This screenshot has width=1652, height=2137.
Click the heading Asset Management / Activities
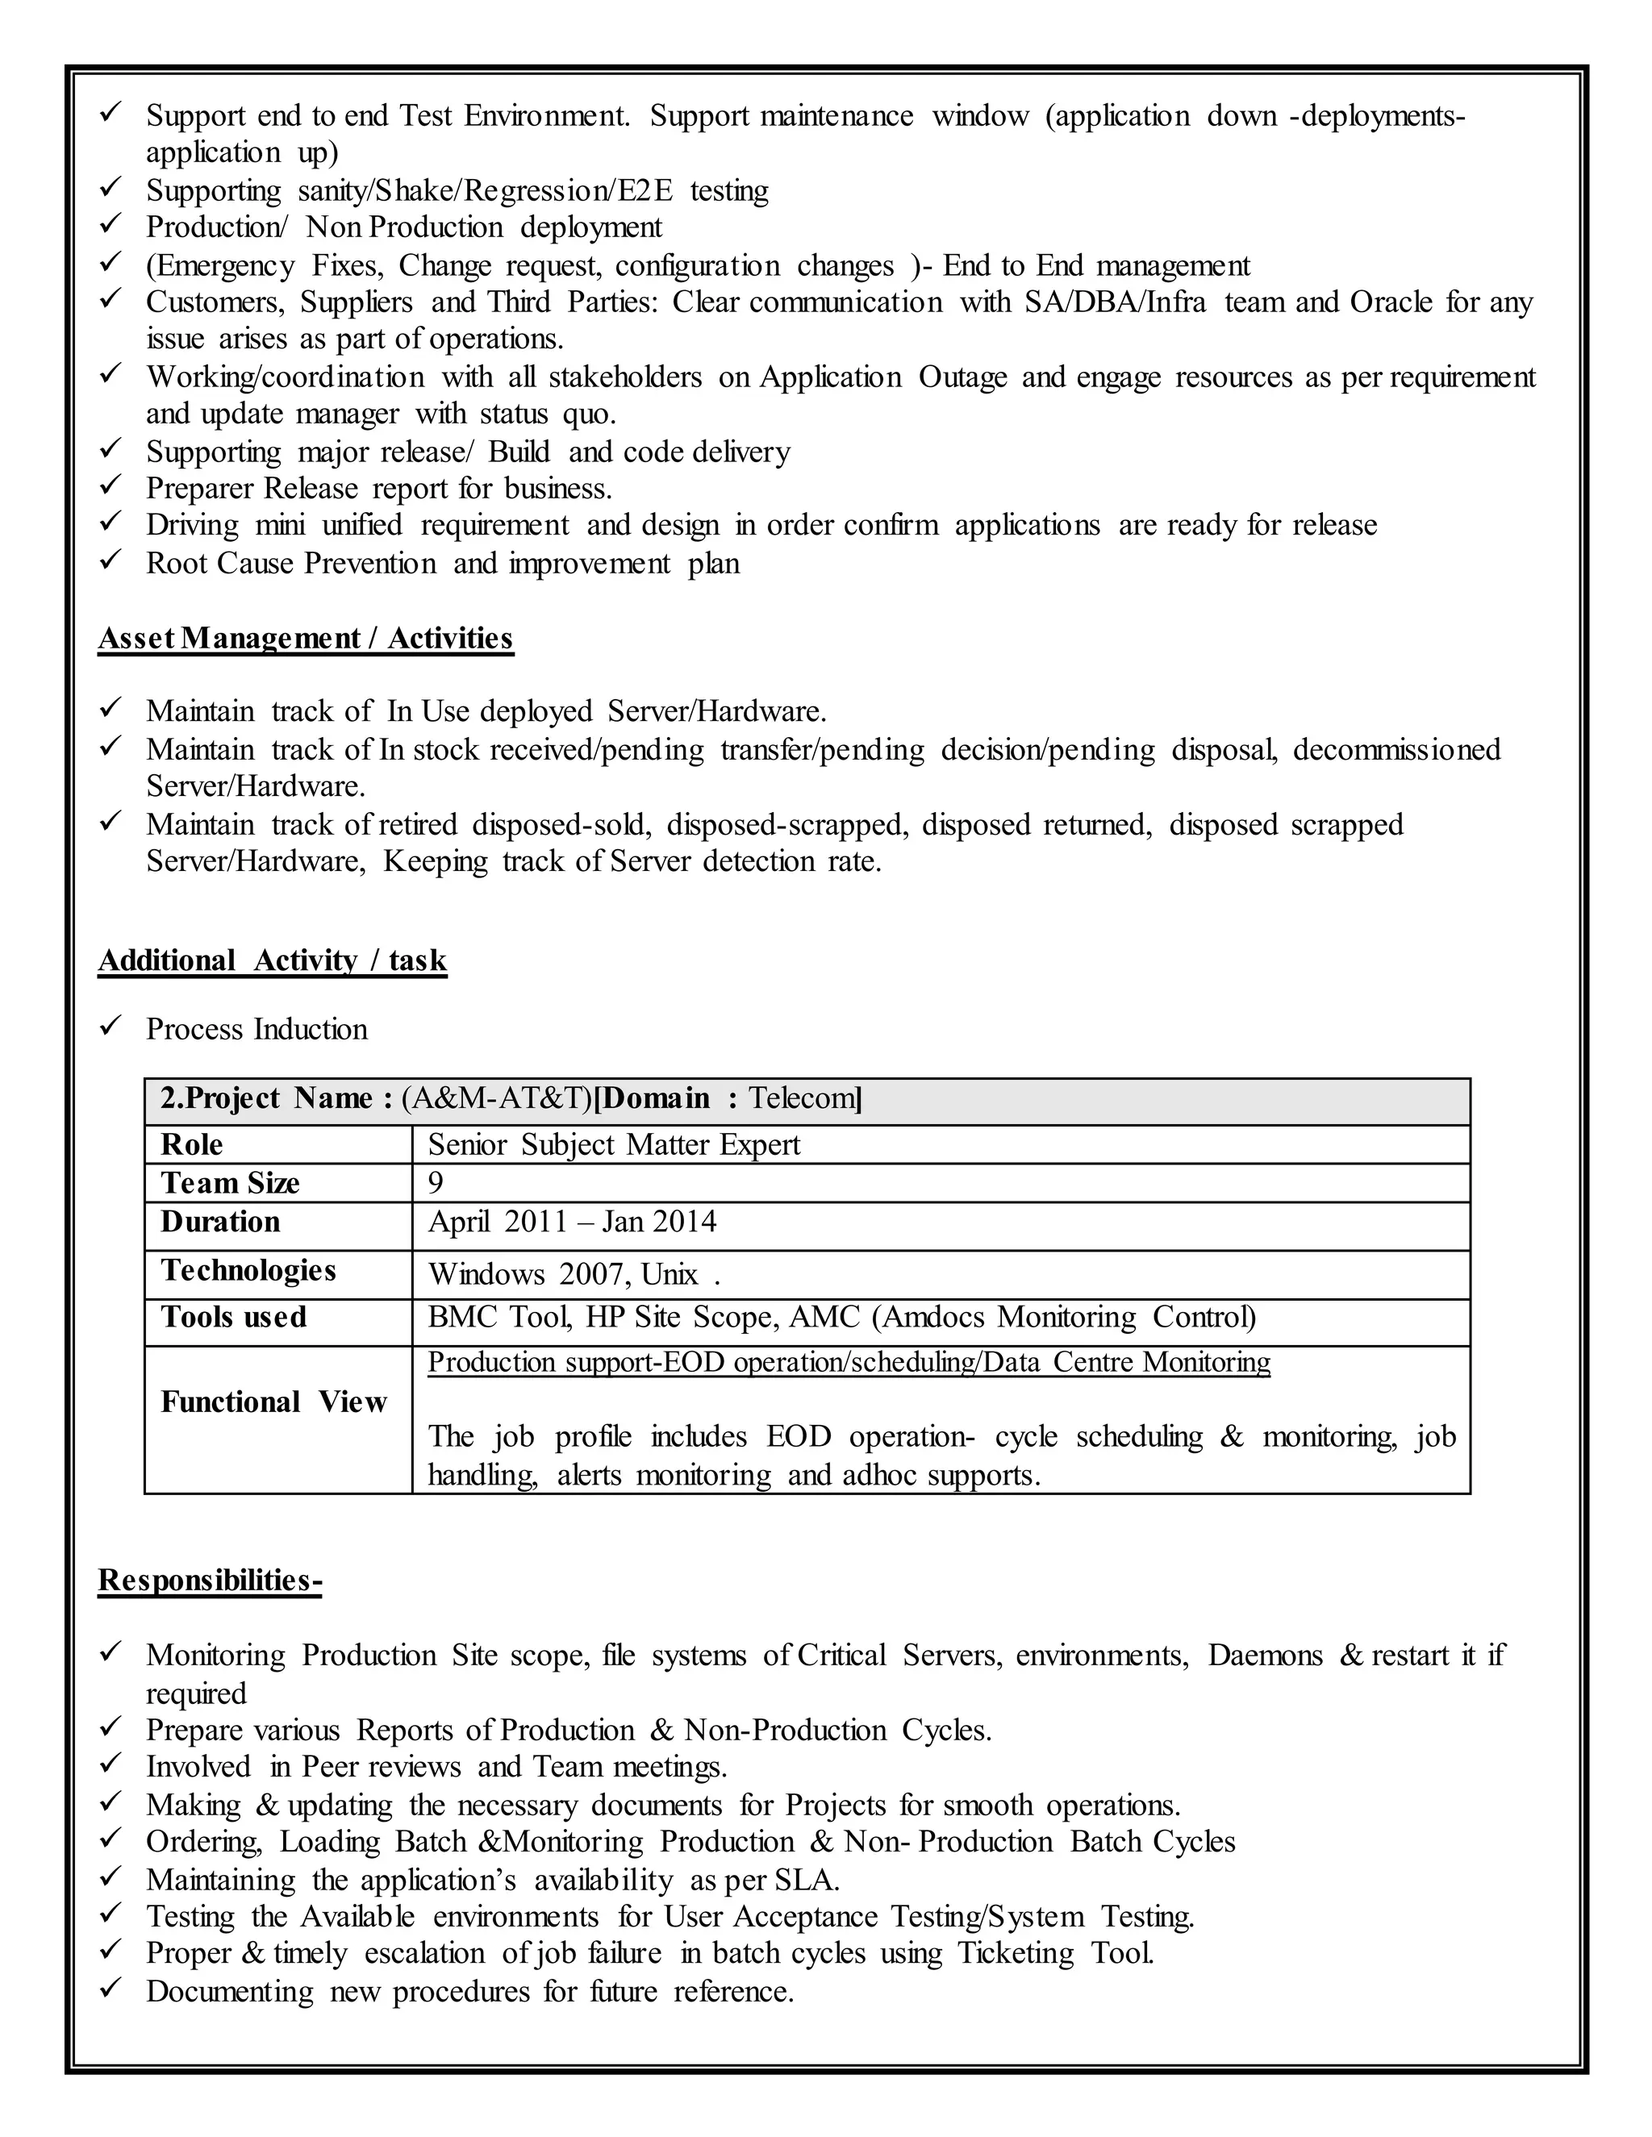click(x=306, y=638)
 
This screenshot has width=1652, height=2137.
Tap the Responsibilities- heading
click(x=210, y=1581)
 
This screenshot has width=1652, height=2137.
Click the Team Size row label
click(x=230, y=1183)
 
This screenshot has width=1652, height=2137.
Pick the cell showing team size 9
click(x=436, y=1183)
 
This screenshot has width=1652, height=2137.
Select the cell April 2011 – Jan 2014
click(x=572, y=1222)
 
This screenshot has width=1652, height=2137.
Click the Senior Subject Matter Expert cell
click(x=614, y=1145)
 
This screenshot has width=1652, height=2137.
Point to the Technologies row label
click(x=248, y=1270)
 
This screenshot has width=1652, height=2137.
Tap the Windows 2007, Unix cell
click(x=574, y=1274)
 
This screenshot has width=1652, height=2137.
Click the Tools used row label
click(x=233, y=1317)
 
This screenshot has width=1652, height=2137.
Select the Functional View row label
click(x=274, y=1402)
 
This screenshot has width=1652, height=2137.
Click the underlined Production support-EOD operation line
click(x=849, y=1362)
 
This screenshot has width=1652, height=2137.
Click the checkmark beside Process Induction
click(x=111, y=1027)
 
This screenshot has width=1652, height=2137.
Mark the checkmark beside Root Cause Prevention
click(x=111, y=560)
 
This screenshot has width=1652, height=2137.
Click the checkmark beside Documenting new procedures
click(x=111, y=1989)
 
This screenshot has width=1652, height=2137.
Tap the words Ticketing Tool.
click(x=1055, y=1953)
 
